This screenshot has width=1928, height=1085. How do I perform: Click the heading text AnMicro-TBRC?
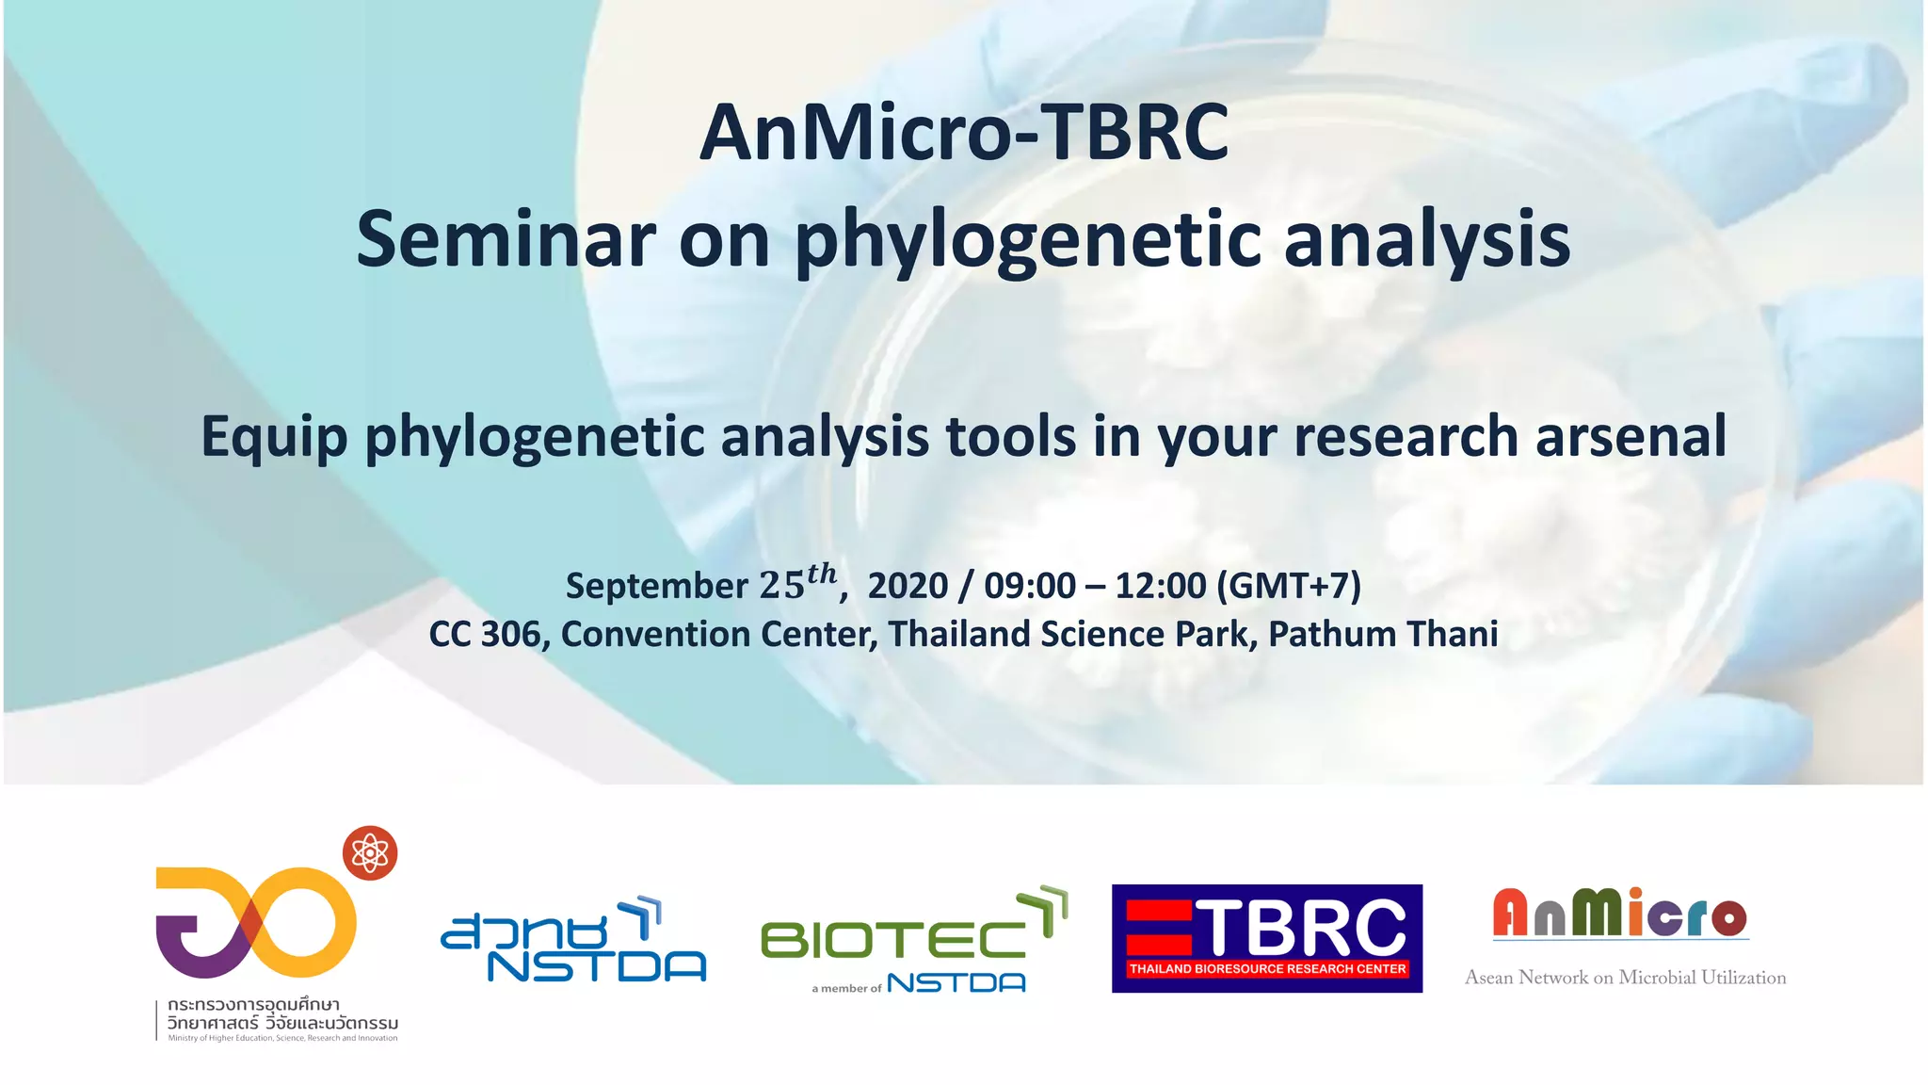tap(964, 134)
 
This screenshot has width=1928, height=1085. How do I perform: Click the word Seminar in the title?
tap(506, 240)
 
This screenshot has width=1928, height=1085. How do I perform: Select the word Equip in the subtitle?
tap(274, 438)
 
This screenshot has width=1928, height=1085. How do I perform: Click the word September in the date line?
tap(656, 586)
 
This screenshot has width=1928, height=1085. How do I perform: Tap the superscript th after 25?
tap(821, 573)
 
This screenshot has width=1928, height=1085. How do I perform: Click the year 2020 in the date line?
tap(907, 586)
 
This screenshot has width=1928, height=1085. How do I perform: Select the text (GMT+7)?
tap(1289, 586)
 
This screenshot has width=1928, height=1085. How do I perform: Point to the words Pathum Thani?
tap(1382, 635)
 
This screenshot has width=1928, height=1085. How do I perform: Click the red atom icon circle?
tap(370, 853)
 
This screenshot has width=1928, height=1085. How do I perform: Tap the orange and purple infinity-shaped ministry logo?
tap(255, 923)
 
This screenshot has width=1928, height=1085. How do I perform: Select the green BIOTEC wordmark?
tap(892, 940)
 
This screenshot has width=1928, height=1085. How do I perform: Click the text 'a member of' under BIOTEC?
tap(846, 988)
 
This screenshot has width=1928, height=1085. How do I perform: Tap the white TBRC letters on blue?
tap(1303, 927)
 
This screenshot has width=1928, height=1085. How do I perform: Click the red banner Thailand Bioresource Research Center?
tap(1267, 969)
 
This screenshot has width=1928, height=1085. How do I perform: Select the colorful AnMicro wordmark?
tap(1620, 914)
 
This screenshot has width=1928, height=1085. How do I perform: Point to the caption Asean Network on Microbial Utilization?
tap(1625, 978)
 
